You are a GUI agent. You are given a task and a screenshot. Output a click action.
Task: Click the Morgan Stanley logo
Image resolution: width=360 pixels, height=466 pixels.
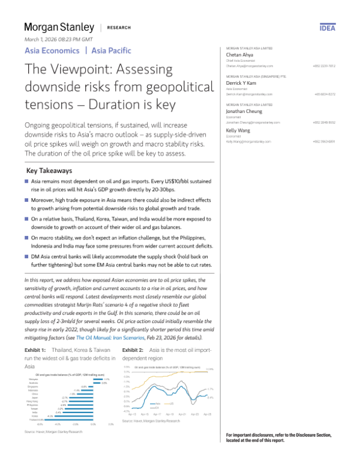coord(59,27)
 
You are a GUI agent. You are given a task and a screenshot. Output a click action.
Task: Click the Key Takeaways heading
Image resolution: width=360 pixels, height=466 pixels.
coord(50,171)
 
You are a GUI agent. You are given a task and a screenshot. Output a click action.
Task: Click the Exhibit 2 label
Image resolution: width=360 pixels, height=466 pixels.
coord(133,349)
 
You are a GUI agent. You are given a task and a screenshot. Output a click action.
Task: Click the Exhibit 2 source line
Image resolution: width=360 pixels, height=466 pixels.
coord(151,422)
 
